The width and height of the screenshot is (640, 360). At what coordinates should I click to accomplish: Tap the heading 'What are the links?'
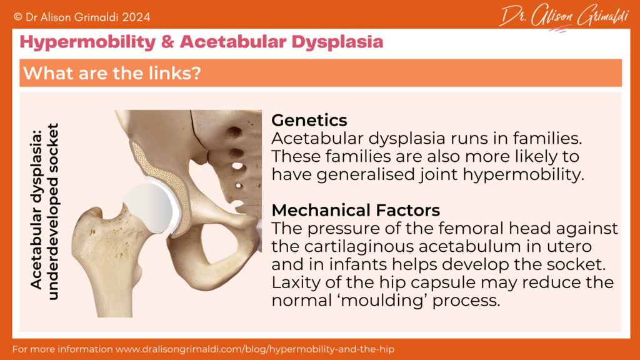coord(112,73)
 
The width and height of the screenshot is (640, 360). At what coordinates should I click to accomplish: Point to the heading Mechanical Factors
coord(356,209)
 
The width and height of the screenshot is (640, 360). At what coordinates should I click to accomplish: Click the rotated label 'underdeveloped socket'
coord(53,211)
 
